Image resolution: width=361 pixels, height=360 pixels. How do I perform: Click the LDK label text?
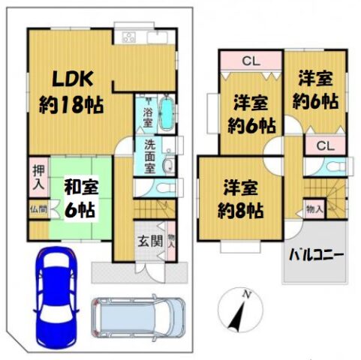[x=73, y=79]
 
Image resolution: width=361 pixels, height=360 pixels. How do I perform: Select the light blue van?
[x=139, y=317]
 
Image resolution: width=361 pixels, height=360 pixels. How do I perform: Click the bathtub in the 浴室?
[x=167, y=113]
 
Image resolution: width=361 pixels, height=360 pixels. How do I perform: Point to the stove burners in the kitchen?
[x=129, y=37]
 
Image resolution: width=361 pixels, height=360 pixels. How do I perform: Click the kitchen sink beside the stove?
[x=158, y=37]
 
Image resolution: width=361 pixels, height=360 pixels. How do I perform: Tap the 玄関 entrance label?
[x=150, y=241]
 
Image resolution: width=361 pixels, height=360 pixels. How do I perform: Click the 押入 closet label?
[x=39, y=177]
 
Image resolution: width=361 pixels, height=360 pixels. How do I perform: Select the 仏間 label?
[x=39, y=209]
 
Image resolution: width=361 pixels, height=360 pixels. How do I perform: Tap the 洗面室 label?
[x=149, y=156]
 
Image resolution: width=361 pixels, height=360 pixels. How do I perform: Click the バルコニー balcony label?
[x=316, y=256]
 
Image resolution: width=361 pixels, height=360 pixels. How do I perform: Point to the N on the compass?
[x=247, y=295]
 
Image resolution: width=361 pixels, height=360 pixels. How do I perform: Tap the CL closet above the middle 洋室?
[x=251, y=60]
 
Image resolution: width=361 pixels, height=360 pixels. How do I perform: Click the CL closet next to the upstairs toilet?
[x=326, y=145]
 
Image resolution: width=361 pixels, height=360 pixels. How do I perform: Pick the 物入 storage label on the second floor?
[x=314, y=209]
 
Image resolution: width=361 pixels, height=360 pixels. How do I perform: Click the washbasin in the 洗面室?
[x=169, y=166]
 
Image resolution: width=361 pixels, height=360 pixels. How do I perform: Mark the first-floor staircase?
[x=155, y=208]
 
